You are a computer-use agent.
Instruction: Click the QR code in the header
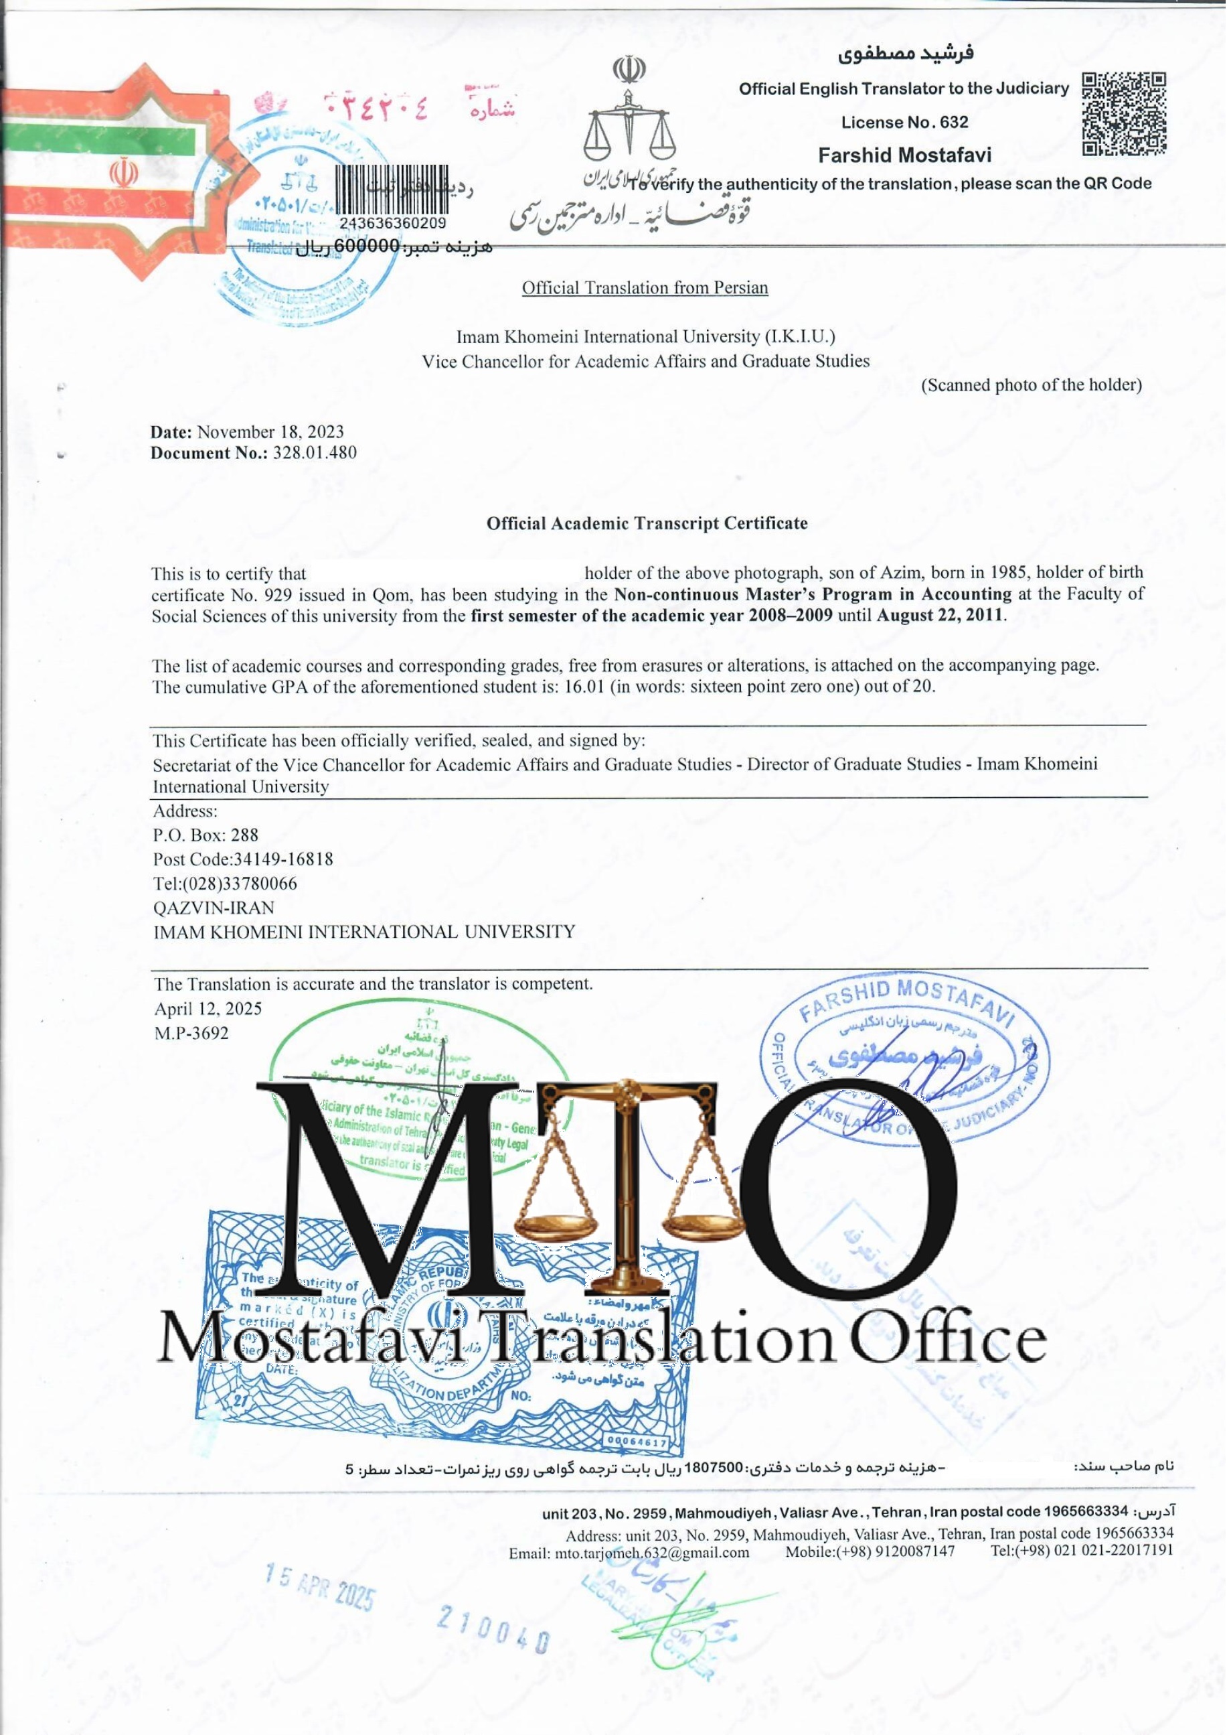pos(1123,113)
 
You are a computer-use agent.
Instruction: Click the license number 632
pos(956,122)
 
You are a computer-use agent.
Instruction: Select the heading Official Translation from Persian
pos(645,287)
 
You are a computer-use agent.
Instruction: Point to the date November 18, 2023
pos(270,431)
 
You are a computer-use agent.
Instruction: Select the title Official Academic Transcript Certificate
pos(647,523)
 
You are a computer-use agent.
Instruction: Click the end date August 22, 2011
pos(940,615)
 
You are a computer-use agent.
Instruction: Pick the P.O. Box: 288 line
pos(206,835)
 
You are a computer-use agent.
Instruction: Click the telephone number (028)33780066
pos(240,883)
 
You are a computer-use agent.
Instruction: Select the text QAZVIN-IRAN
pos(213,907)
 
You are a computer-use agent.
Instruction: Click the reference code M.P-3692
pos(191,1033)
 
